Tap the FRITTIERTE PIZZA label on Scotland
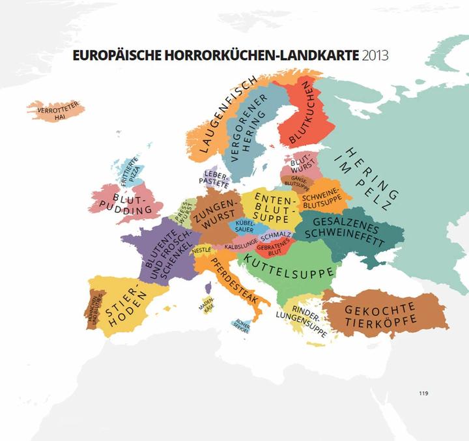tap(131, 171)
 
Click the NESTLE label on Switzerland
tap(201, 249)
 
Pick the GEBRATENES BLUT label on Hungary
tap(274, 248)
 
